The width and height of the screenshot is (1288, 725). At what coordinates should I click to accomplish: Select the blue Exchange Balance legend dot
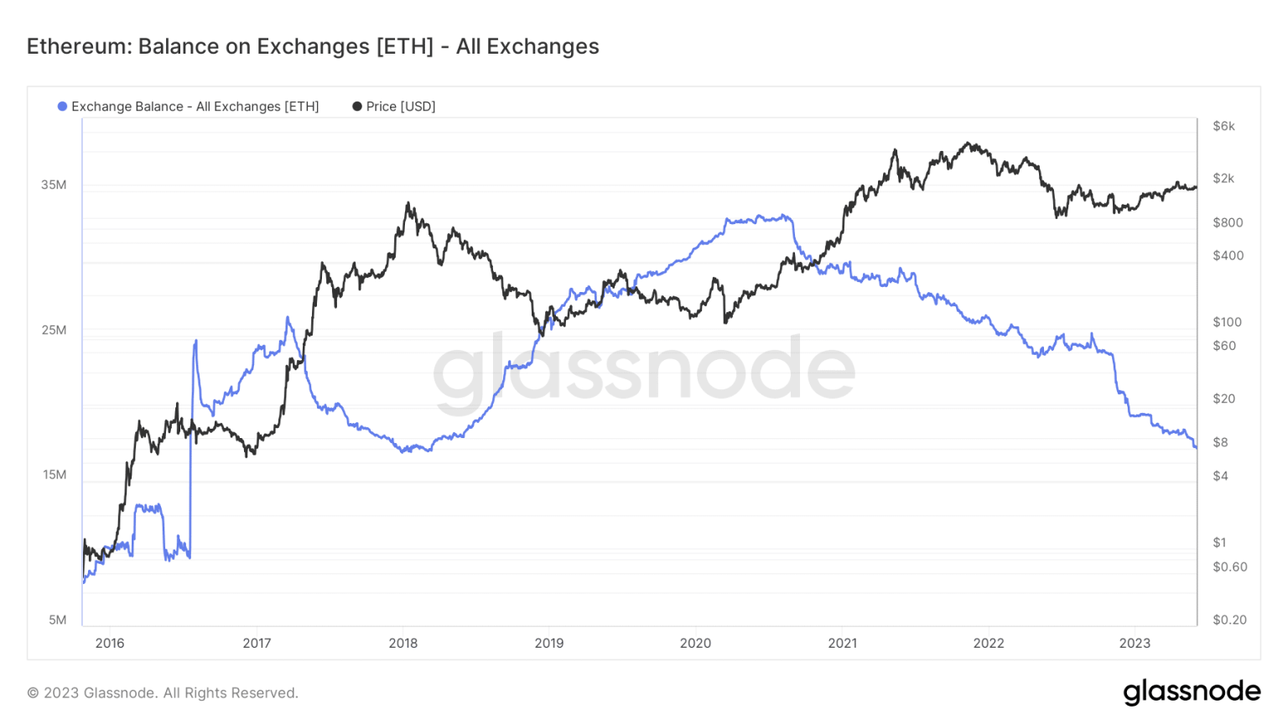click(62, 107)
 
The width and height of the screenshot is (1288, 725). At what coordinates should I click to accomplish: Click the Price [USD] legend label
click(400, 107)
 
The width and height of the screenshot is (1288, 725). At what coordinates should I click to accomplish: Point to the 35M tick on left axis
click(54, 185)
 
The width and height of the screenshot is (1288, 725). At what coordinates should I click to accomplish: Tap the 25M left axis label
click(54, 330)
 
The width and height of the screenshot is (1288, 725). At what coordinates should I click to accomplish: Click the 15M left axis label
click(54, 475)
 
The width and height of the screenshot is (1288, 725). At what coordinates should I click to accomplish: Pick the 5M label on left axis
click(57, 620)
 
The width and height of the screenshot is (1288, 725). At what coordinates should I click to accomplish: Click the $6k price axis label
click(1223, 126)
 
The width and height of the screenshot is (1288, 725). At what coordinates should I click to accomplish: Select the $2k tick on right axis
click(1223, 178)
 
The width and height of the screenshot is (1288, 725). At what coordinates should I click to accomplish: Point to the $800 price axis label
click(1228, 222)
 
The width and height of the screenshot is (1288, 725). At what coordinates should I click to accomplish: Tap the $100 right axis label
click(1228, 322)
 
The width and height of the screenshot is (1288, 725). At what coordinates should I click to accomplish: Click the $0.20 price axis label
click(1229, 620)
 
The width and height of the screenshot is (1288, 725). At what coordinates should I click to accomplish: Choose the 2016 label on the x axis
click(110, 644)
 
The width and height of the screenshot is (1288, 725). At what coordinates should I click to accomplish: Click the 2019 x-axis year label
click(549, 644)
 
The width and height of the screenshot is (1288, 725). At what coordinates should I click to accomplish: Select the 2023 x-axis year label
click(1135, 644)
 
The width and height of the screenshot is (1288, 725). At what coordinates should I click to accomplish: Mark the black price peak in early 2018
click(408, 203)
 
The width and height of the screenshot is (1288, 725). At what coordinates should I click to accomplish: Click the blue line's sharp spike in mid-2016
click(195, 341)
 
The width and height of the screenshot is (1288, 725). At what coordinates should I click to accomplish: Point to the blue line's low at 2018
click(405, 451)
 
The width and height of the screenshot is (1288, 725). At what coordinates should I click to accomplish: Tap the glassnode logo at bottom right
click(1192, 692)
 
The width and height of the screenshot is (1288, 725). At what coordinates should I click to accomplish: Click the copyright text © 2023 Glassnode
click(163, 693)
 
